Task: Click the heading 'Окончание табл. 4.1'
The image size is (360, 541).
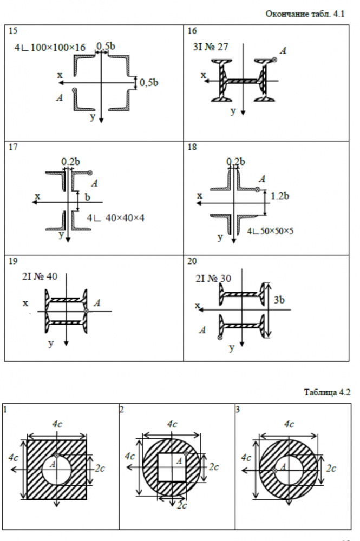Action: point(305,14)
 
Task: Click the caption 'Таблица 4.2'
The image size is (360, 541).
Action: point(327,392)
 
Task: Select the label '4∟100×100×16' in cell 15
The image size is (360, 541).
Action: point(50,47)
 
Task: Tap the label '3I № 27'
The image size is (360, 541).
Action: point(211,47)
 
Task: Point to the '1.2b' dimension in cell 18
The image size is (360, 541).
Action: point(279,196)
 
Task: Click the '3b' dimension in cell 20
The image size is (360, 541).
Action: point(279,300)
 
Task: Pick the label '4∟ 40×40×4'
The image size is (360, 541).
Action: point(115,218)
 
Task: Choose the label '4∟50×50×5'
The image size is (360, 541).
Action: point(270,231)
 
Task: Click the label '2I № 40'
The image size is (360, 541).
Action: point(40,276)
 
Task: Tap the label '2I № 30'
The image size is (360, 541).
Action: point(213,279)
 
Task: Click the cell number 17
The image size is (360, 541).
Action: point(13,147)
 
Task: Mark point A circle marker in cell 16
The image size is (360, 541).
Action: point(274,60)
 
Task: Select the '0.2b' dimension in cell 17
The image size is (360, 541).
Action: point(71,161)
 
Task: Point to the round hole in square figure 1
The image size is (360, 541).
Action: point(57,470)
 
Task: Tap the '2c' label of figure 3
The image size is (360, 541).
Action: point(331,468)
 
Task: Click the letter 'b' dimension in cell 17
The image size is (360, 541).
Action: point(87,197)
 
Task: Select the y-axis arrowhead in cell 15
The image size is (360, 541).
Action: point(101,120)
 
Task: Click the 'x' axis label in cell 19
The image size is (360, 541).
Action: point(25,304)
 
